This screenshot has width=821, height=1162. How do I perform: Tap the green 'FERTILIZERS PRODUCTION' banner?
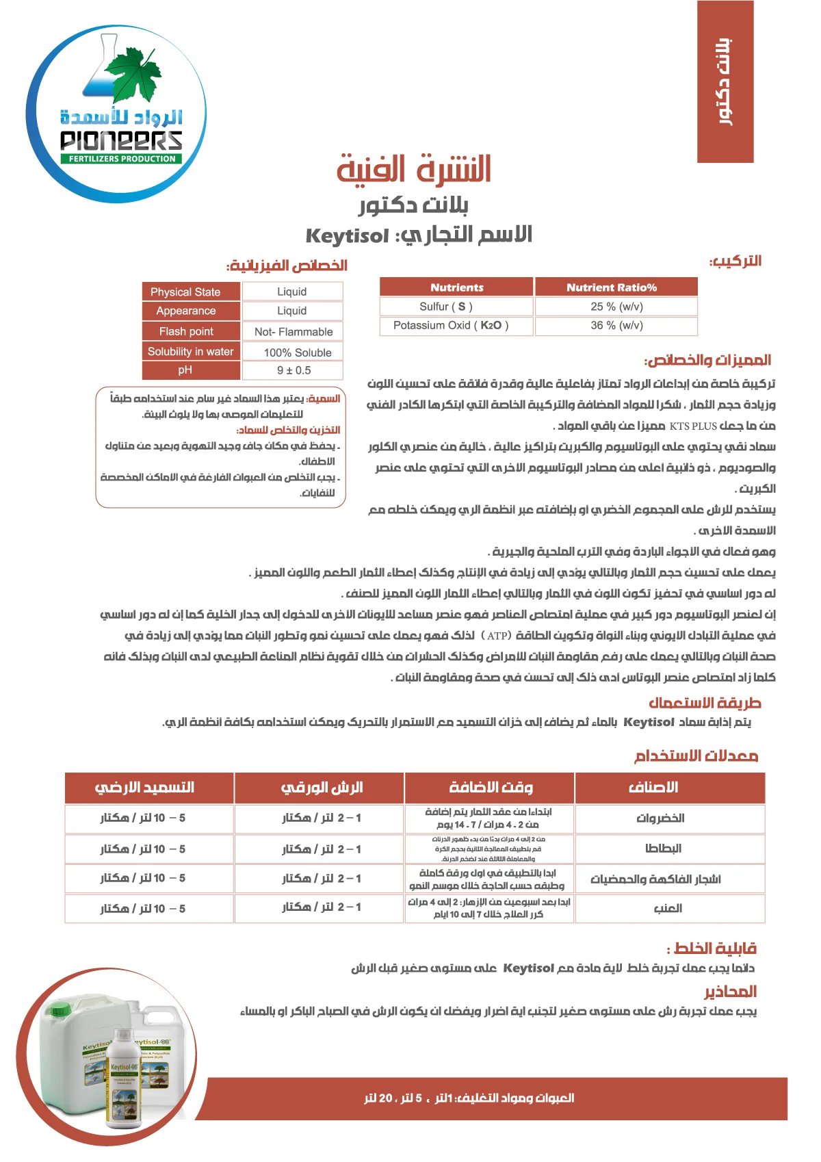[x=122, y=159]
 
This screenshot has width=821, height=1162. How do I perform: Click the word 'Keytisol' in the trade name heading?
[x=348, y=236]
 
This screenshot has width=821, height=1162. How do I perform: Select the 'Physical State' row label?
[x=185, y=292]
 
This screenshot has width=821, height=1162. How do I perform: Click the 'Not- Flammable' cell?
[x=294, y=332]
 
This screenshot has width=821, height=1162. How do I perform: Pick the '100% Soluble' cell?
[x=298, y=352]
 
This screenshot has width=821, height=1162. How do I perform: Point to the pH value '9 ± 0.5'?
[x=294, y=370]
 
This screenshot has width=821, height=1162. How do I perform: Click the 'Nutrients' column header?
[x=456, y=287]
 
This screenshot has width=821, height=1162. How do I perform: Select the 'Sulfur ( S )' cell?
[x=446, y=307]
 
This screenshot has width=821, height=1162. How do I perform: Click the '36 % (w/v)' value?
[x=616, y=325]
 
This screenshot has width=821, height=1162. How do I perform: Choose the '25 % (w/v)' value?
[x=616, y=307]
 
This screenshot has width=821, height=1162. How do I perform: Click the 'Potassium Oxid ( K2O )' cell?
[x=451, y=325]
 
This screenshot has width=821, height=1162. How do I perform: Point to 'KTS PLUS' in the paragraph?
[x=693, y=426]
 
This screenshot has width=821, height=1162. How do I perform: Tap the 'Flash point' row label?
[x=186, y=331]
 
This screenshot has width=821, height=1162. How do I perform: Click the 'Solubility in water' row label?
[x=190, y=352]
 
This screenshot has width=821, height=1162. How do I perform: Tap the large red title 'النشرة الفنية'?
[x=414, y=170]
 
